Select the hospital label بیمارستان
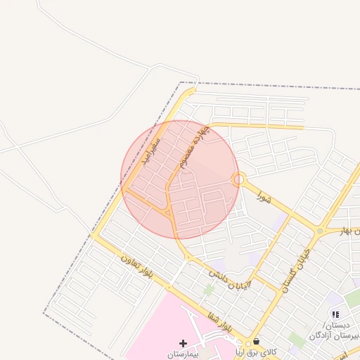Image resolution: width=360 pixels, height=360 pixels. click(184, 354)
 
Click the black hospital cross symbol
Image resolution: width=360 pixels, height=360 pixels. click(184, 343)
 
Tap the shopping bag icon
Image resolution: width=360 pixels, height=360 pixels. click(255, 341)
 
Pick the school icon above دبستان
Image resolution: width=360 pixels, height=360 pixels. click(335, 314)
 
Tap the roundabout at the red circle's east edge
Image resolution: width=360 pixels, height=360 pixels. click(239, 179)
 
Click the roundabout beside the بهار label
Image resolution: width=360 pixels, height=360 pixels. click(320, 231)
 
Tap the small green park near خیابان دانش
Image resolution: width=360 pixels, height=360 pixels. click(209, 289)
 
